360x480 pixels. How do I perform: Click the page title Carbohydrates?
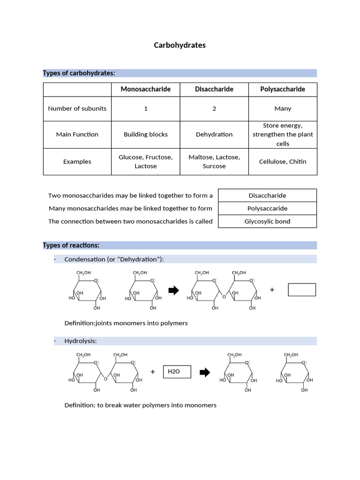tap(180, 45)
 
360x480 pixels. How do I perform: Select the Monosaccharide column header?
tap(145, 89)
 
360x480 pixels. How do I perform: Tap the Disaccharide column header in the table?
tap(214, 89)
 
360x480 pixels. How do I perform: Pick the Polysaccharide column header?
tap(282, 89)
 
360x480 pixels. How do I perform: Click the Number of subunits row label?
tap(77, 108)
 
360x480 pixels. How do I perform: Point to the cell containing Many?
tap(282, 108)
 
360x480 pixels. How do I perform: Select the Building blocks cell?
tap(145, 134)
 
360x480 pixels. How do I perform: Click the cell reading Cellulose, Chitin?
tap(282, 161)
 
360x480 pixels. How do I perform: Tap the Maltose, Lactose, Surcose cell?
tap(214, 161)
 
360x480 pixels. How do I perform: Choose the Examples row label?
tap(77, 161)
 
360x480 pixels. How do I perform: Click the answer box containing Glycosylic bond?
tap(267, 221)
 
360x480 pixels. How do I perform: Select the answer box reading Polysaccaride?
tap(267, 208)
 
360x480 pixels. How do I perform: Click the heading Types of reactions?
tap(71, 245)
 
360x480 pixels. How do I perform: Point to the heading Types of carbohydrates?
tap(79, 73)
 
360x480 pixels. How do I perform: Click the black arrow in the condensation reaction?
tap(173, 291)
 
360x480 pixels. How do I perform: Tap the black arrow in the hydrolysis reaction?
tap(205, 373)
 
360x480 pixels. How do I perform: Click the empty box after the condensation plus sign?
tap(301, 290)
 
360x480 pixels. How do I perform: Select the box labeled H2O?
tap(177, 372)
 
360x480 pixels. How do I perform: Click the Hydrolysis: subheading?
tap(80, 341)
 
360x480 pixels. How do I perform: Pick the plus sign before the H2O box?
tap(153, 372)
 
